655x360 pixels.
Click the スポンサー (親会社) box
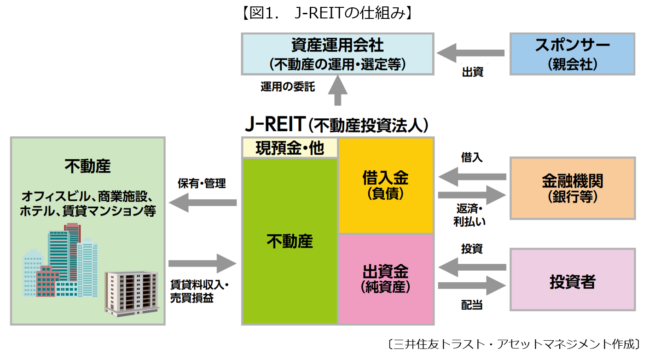[x=572, y=54]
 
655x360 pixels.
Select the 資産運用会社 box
[x=337, y=54]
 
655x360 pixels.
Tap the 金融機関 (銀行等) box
[x=573, y=188]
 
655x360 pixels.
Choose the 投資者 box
[x=573, y=279]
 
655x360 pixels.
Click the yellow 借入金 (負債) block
[x=386, y=186]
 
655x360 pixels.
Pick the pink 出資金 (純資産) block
[x=386, y=279]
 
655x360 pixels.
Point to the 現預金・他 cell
[x=290, y=148]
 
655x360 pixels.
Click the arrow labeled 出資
[x=470, y=53]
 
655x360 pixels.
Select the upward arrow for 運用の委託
[x=338, y=90]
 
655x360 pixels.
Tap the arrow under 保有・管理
[x=203, y=203]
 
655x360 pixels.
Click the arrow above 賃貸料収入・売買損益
[x=203, y=263]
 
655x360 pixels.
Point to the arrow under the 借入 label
[x=472, y=177]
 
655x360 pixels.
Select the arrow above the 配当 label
[x=472, y=285]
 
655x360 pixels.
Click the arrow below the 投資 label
[x=472, y=267]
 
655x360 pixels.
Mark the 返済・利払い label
[x=470, y=215]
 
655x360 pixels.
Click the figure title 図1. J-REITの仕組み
[x=328, y=13]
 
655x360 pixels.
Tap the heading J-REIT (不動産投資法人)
[x=336, y=124]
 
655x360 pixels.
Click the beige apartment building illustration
[x=132, y=294]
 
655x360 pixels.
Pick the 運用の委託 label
[x=288, y=87]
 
